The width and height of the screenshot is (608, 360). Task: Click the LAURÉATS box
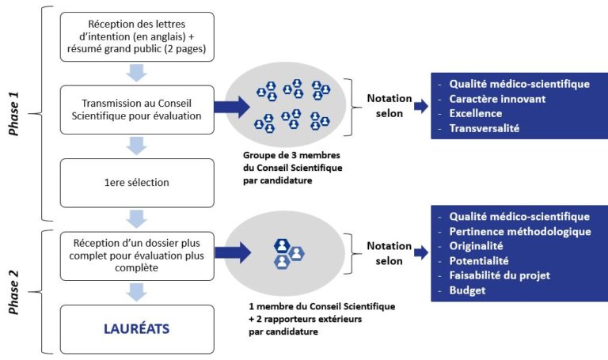coord(137,329)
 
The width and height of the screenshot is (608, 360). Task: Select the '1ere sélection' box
coord(137,183)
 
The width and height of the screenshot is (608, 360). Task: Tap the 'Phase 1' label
coord(14,114)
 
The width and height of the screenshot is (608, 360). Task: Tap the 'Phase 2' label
coord(14,292)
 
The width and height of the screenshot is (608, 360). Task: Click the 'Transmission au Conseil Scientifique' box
coord(137,110)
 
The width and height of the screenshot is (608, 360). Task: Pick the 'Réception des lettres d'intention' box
coord(137,37)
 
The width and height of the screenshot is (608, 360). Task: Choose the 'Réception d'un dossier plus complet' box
coord(137,256)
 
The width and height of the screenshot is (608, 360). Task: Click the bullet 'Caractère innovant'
coord(497,99)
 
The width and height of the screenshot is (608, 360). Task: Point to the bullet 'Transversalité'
coord(484,128)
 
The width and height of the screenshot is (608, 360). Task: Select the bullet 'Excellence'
coord(475,114)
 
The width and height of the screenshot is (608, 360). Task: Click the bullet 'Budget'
coord(467,290)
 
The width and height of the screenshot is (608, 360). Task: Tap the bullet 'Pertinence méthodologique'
coord(520,231)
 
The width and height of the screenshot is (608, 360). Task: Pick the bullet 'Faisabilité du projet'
coord(500,275)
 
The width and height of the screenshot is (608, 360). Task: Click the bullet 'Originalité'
coord(476,246)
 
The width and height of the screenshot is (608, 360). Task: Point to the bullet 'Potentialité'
coord(479,261)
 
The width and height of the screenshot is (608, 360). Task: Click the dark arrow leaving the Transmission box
coord(232,107)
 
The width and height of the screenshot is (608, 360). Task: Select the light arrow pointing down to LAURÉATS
coord(136,292)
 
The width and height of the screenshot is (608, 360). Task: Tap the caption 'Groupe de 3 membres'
coord(291,155)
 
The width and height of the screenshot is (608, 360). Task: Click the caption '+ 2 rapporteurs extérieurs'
coord(305,319)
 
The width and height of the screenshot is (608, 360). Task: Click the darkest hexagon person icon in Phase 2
coord(282,245)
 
